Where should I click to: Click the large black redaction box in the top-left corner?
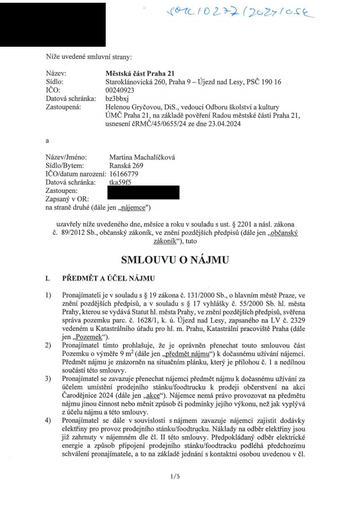53,24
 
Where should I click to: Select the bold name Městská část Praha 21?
140,73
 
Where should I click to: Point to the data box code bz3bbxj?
118,99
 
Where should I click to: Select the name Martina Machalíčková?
142,157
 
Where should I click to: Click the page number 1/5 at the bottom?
175,477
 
